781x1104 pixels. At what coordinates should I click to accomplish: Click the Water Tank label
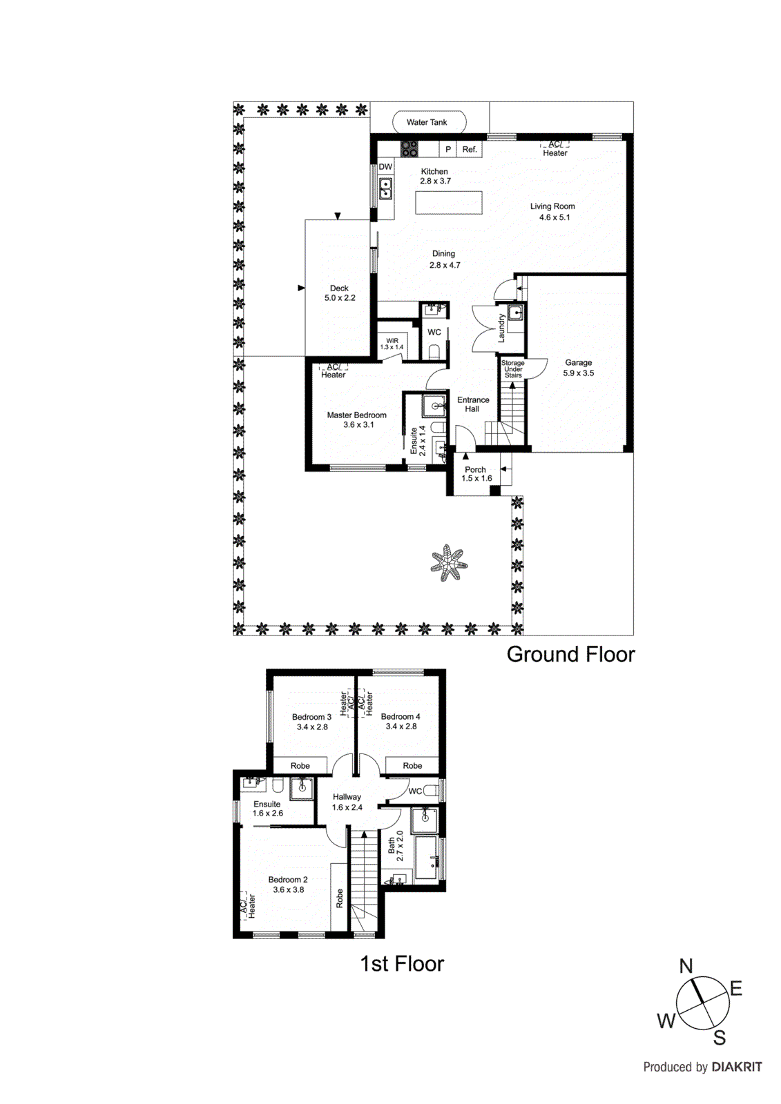427,122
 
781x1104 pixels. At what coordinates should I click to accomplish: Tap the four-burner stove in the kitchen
409,148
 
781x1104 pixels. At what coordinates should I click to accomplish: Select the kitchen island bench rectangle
449,203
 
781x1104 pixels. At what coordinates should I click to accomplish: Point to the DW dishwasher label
385,167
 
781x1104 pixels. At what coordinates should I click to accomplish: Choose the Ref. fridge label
470,149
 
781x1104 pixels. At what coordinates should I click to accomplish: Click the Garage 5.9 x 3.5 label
579,368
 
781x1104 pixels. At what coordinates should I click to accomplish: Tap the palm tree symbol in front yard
449,563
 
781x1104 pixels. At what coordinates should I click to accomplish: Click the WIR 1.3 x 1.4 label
392,344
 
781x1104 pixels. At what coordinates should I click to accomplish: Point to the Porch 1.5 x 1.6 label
476,473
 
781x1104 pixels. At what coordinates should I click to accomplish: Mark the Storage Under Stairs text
513,369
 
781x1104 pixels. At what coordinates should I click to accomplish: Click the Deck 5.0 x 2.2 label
340,293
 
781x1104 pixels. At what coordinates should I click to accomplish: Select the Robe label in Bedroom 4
412,766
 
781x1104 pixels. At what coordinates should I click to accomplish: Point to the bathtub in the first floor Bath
427,858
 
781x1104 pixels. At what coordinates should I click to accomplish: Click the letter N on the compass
686,966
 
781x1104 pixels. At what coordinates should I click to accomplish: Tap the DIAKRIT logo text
736,1067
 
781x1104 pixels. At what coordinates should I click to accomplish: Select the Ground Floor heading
570,654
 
